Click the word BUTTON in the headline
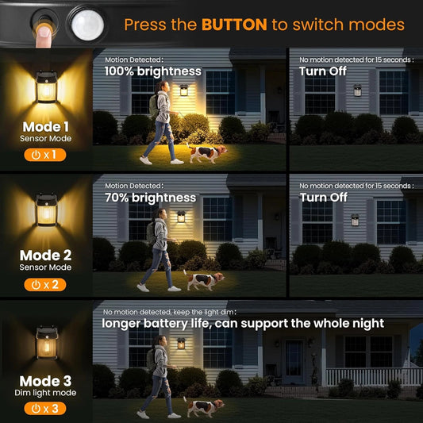(x=234, y=25)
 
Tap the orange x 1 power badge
(x=44, y=155)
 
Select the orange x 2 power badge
(x=44, y=285)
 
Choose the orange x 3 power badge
(x=44, y=410)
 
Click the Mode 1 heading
(x=44, y=126)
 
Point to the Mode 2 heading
(x=45, y=256)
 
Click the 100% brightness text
(x=153, y=71)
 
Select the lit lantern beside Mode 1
(x=45, y=83)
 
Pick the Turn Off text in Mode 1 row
(x=323, y=71)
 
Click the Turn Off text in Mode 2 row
(x=323, y=198)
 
